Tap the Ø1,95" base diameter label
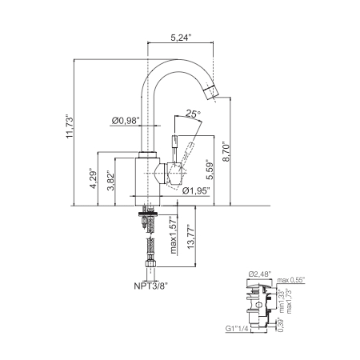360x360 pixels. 196,191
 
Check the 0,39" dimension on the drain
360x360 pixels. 279,325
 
